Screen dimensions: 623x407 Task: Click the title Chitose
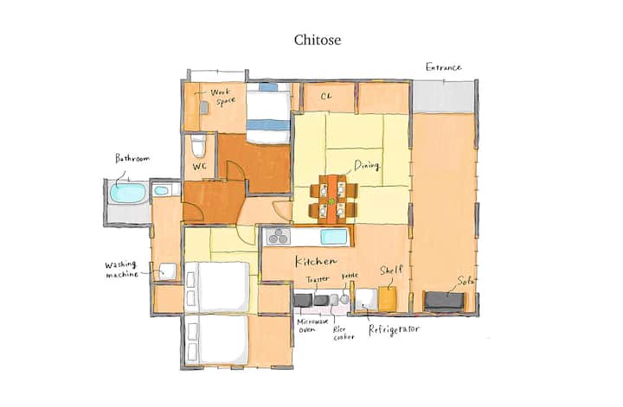(x=318, y=40)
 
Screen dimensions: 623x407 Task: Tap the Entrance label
(x=443, y=67)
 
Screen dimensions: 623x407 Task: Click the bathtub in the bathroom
(x=127, y=193)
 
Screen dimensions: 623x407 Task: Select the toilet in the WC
(x=198, y=145)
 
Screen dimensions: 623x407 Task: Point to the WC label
(x=200, y=167)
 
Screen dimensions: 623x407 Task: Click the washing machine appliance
(x=167, y=271)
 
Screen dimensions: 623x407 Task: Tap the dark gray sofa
(x=444, y=301)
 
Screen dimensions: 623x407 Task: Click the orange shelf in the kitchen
(x=388, y=298)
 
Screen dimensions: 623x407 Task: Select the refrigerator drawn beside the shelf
(x=366, y=300)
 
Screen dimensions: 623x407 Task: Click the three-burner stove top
(x=278, y=237)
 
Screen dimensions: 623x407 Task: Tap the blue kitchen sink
(x=334, y=237)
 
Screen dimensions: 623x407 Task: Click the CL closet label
(x=326, y=96)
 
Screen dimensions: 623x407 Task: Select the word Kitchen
(x=316, y=261)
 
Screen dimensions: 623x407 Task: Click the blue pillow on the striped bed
(x=268, y=87)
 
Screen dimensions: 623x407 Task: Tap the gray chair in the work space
(x=204, y=107)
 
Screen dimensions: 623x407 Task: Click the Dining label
(x=367, y=165)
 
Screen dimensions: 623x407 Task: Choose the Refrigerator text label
(x=394, y=329)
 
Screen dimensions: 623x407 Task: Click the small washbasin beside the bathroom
(x=161, y=191)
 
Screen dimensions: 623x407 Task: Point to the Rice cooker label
(x=344, y=334)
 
